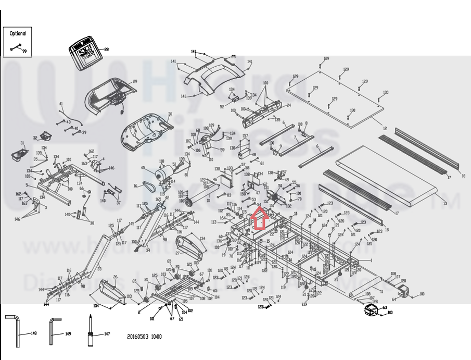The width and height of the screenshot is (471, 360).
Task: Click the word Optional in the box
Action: (18, 33)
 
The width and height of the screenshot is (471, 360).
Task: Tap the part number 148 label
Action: (34, 333)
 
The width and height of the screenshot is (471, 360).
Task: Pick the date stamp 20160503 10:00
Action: (144, 337)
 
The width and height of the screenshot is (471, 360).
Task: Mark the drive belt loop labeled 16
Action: (148, 186)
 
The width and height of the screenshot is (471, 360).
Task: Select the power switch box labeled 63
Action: (373, 309)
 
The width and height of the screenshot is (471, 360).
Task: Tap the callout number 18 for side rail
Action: (463, 176)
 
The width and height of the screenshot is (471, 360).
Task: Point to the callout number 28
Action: (107, 49)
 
